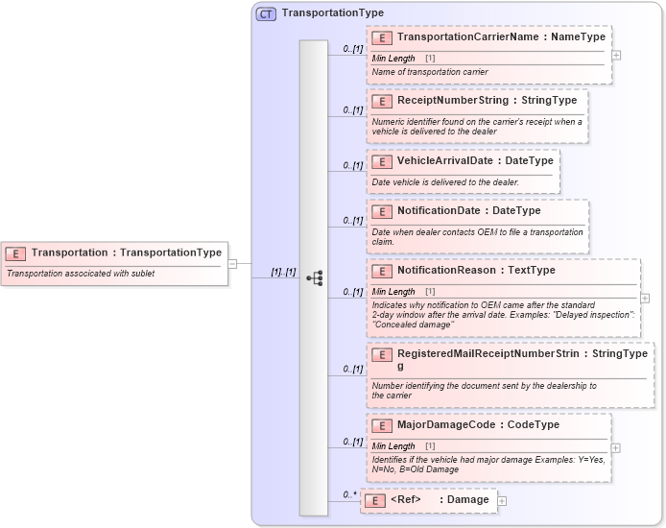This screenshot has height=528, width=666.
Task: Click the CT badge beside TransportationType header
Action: [x=266, y=13]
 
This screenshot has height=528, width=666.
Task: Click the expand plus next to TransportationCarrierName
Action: [x=616, y=55]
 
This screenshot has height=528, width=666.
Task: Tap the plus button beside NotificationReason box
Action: [x=645, y=299]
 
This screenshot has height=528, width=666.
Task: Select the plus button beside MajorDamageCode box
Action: [x=616, y=447]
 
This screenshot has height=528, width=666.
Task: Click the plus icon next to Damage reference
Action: [x=502, y=501]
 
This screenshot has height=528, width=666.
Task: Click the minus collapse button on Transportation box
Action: [x=232, y=263]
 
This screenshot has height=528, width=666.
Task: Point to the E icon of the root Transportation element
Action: [x=16, y=253]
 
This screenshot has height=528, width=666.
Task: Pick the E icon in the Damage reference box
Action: [x=376, y=500]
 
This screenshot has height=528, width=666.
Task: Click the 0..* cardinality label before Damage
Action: [x=349, y=495]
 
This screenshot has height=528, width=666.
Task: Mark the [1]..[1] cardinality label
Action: [x=283, y=272]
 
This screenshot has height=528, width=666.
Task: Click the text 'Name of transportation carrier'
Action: [x=430, y=72]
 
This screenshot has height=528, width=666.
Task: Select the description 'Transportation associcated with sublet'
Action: [x=81, y=274]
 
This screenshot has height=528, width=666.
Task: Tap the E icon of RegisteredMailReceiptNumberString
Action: [x=382, y=354]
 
